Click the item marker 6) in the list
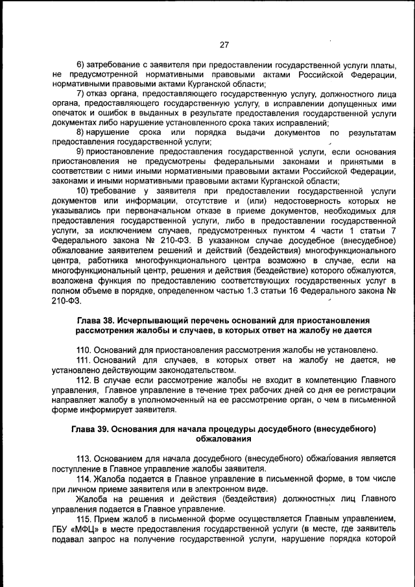tap(81, 66)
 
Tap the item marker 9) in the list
tap(81, 151)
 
